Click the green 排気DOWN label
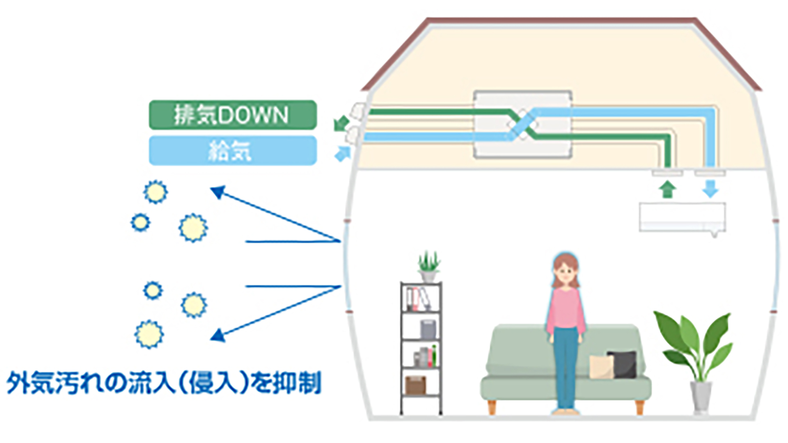click(232, 115)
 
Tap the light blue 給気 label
click(232, 151)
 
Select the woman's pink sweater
click(566, 308)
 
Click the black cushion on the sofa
click(623, 364)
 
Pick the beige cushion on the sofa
click(601, 367)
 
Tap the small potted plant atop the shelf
click(428, 266)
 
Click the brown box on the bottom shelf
click(415, 385)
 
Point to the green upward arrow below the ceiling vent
click(667, 190)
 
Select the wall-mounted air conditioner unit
click(682, 217)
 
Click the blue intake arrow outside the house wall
click(343, 154)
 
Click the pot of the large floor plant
click(701, 396)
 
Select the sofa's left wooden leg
click(492, 407)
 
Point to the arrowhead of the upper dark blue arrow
click(218, 192)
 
